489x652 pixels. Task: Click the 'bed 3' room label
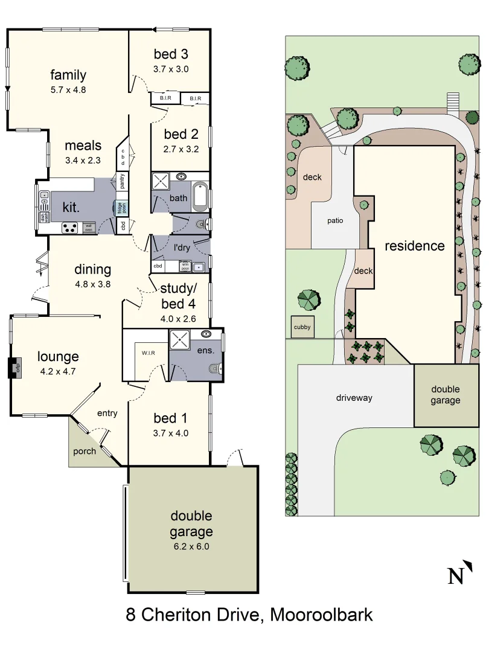pyautogui.click(x=171, y=53)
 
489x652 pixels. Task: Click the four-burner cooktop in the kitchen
pyautogui.click(x=69, y=228)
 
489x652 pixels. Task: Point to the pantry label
pyautogui.click(x=122, y=181)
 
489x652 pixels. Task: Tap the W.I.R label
pyautogui.click(x=149, y=353)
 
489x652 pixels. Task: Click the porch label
pyautogui.click(x=85, y=451)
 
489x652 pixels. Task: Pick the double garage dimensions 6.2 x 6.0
pyautogui.click(x=191, y=547)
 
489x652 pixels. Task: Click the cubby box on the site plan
pyautogui.click(x=302, y=328)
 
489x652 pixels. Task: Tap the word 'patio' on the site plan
pyautogui.click(x=335, y=220)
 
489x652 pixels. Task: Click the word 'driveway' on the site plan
pyautogui.click(x=354, y=398)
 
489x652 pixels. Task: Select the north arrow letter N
pyautogui.click(x=456, y=576)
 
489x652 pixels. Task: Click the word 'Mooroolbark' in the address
pyautogui.click(x=321, y=615)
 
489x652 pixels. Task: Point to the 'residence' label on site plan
pyautogui.click(x=415, y=246)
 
